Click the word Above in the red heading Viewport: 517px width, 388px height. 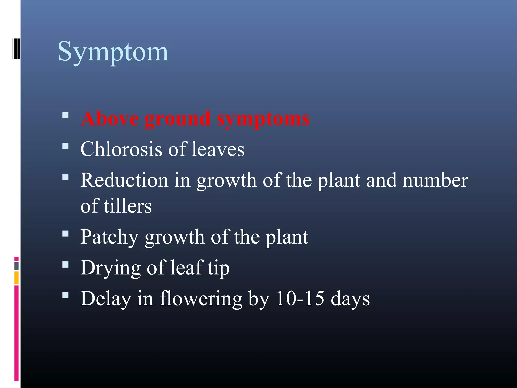(110, 118)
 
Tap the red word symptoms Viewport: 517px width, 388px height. (263, 119)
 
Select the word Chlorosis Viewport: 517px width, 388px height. (121, 149)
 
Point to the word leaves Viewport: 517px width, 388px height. (218, 149)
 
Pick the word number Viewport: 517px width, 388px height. (435, 180)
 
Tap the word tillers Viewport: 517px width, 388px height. (127, 206)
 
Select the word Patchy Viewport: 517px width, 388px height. (109, 237)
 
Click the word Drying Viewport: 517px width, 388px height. (110, 268)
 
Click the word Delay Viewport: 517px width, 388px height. (106, 299)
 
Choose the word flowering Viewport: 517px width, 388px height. (201, 299)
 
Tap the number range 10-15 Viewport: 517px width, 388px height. (300, 298)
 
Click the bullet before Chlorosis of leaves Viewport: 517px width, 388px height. (65, 146)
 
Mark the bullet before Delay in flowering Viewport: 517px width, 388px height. (65, 296)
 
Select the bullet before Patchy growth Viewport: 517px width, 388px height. (65, 234)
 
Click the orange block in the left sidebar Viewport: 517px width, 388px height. (16, 278)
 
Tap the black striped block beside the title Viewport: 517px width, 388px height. (16, 49)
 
